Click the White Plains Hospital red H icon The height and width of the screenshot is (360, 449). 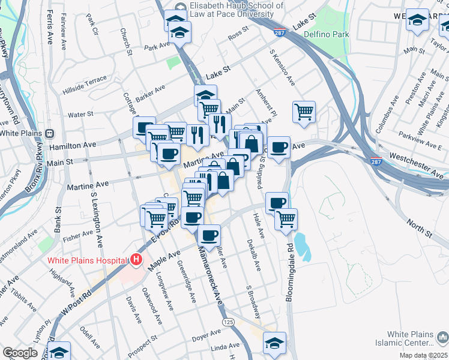coord(136,260)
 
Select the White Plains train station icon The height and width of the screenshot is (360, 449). coord(51,133)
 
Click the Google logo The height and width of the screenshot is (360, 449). coord(20,353)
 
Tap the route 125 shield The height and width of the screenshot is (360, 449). coord(228,322)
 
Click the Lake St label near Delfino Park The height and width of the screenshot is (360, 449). coord(304,25)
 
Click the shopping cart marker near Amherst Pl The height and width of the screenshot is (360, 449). coord(304,111)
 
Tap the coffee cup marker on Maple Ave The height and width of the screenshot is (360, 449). coord(209,235)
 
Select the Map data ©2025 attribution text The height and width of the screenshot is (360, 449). coord(424,355)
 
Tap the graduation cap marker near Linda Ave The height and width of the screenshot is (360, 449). coord(274,343)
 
